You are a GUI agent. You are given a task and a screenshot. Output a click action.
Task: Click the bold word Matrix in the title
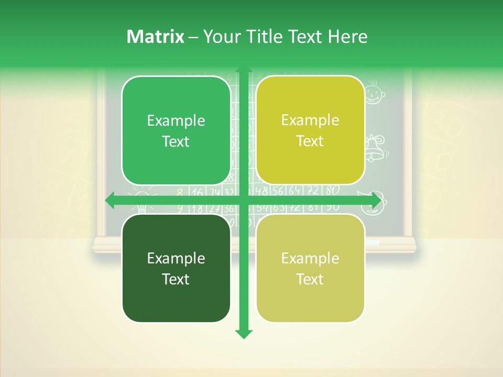point(155,37)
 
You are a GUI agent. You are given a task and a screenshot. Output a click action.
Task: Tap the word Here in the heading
point(348,37)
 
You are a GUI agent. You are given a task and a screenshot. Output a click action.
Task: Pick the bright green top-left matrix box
point(176,130)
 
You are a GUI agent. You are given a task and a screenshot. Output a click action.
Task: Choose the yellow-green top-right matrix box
point(310,130)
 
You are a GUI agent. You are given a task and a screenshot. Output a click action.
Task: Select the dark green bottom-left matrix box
point(176,268)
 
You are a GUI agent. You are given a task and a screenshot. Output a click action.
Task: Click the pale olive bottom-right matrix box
point(310,268)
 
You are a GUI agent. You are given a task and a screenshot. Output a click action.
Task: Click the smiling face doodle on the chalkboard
point(374,92)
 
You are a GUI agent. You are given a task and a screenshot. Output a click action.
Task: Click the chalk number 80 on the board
point(332,190)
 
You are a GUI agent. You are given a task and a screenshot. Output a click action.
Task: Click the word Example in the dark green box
point(176,258)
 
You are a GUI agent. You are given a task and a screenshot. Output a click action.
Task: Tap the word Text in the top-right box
point(310,141)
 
